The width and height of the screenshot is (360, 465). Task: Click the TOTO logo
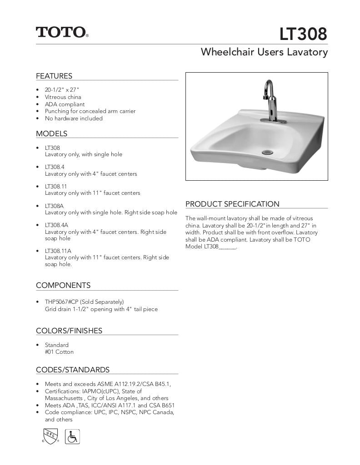[x=62, y=32]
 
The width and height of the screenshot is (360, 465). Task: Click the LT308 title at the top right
[x=303, y=34]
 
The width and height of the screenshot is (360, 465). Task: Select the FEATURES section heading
[x=54, y=76]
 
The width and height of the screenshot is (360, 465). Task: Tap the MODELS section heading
[x=51, y=134]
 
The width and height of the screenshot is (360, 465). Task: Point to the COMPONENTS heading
[x=63, y=285]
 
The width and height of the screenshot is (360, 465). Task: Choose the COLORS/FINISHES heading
[x=69, y=331]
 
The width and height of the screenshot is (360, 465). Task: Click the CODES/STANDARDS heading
[x=73, y=370]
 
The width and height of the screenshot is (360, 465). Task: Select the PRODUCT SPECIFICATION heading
[x=232, y=204]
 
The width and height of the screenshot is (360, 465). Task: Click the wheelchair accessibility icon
[x=72, y=437]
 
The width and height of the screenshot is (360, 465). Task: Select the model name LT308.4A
[x=56, y=225]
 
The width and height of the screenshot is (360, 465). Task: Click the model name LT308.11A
[x=58, y=251]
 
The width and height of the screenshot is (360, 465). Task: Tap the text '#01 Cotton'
[x=59, y=352]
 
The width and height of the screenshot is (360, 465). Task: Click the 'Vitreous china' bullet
[x=63, y=97]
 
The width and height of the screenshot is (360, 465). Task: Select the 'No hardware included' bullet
[x=74, y=118]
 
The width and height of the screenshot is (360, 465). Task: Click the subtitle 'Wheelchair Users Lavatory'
[x=264, y=52]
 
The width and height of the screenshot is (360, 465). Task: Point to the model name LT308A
[x=54, y=206]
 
